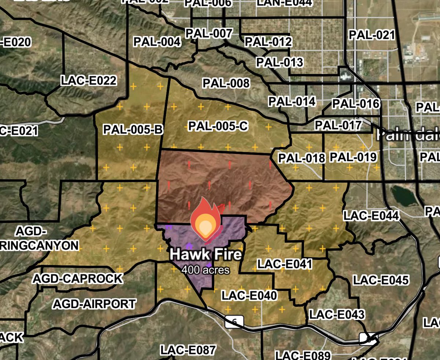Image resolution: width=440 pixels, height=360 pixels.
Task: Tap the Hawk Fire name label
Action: pos(206,254)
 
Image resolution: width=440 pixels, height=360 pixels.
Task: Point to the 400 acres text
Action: pos(206,270)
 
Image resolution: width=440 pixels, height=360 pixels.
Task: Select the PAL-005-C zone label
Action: pos(219,126)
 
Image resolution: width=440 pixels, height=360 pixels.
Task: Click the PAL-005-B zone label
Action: pos(133,130)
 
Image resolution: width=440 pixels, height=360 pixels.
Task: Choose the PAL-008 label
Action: pos(226,83)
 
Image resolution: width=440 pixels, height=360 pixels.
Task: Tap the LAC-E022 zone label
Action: pos(89,80)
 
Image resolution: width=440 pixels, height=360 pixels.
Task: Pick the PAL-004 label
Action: pos(157,42)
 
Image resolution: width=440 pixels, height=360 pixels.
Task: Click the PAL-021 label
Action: pos(371,35)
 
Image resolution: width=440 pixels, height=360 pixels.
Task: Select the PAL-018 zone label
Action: pos(302,158)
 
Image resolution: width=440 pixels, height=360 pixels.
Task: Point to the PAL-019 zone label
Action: pos(353,157)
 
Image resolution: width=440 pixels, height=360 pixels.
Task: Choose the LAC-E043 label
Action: pos(337,314)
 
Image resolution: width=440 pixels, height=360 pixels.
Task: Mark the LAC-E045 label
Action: pos(381,280)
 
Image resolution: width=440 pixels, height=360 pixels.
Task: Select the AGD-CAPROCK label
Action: pos(78,279)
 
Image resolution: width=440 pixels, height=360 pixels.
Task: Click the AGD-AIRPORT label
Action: pos(94,304)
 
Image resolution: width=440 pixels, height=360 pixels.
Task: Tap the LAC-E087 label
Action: pos(188,350)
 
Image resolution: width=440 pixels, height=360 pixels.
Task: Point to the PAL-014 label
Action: pos(292,101)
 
